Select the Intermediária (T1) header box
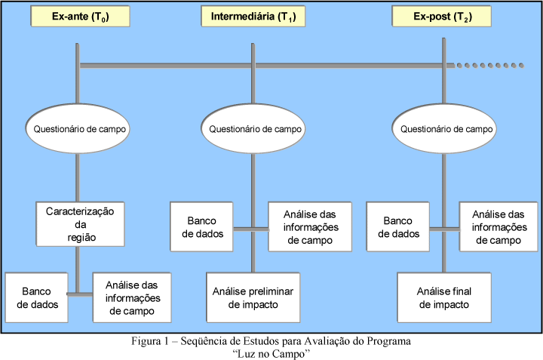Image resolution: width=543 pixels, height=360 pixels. point(253,16)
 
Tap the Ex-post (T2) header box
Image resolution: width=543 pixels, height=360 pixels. point(443,16)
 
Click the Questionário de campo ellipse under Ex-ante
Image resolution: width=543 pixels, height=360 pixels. point(79,129)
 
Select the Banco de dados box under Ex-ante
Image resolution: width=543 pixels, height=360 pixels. point(35,297)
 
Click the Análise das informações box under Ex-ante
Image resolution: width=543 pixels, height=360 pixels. point(130,297)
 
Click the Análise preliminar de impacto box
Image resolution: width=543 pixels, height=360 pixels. point(253,297)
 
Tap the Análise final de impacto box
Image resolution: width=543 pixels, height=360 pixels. point(443,297)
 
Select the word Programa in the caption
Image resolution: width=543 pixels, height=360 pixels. point(390,341)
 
